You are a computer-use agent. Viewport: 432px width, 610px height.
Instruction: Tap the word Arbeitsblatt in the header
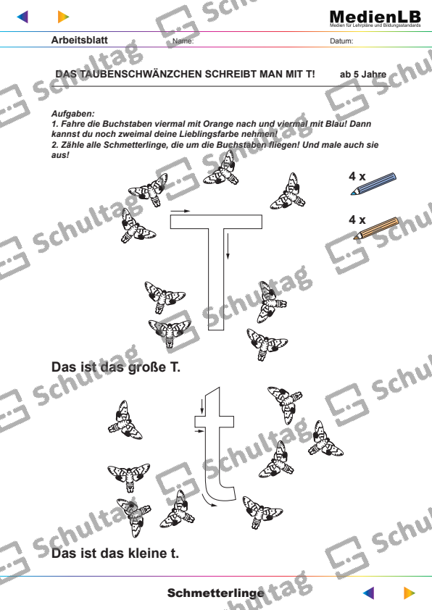click(x=80, y=41)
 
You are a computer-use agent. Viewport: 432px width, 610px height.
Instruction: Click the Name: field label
click(x=184, y=41)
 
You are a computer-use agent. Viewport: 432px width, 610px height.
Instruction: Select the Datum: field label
click(x=341, y=41)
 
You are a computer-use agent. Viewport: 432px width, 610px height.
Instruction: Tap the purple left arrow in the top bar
click(x=30, y=16)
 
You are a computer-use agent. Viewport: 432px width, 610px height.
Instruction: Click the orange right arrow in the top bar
click(x=63, y=16)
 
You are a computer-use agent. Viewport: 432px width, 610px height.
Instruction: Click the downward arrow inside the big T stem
click(x=228, y=247)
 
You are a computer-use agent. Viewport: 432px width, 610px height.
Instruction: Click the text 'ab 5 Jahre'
click(x=363, y=74)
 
